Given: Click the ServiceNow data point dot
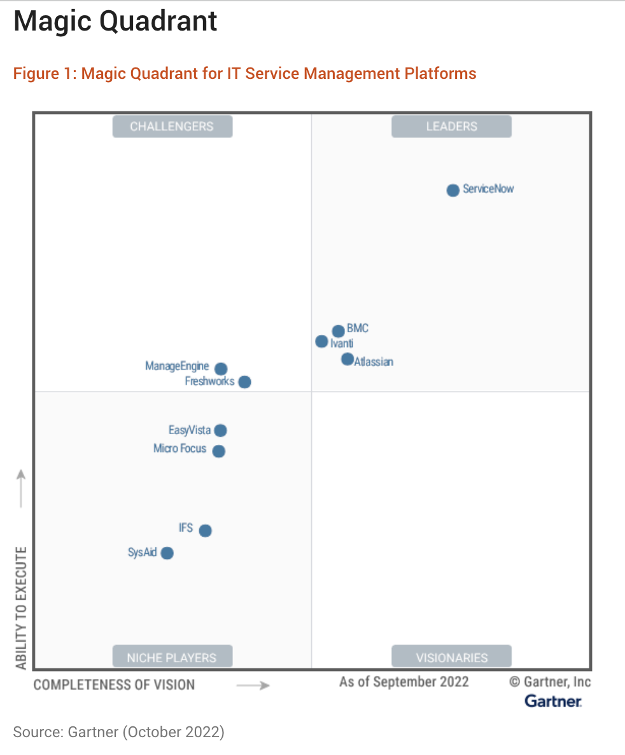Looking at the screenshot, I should click(x=453, y=190).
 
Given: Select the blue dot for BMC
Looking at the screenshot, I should click(x=338, y=331).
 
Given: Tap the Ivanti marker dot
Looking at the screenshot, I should click(x=322, y=342).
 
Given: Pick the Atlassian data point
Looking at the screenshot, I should click(x=347, y=360).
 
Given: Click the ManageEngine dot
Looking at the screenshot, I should click(x=221, y=369).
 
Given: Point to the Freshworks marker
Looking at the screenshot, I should click(x=244, y=382).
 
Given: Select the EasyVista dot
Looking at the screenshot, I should click(x=220, y=431).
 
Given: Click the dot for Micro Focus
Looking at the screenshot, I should click(x=218, y=451).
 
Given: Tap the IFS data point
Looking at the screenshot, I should click(x=205, y=530).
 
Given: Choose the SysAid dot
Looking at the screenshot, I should click(x=167, y=553).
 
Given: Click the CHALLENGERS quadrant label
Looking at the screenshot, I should click(x=172, y=127).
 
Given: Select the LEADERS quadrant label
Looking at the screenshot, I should click(x=451, y=127).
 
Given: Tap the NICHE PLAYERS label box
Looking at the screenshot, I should click(x=172, y=658).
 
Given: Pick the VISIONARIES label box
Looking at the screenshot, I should click(x=451, y=658).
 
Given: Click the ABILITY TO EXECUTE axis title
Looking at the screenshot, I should click(x=21, y=607).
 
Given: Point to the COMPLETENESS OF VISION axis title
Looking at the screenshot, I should click(x=114, y=685).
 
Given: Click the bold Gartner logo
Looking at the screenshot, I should click(x=552, y=701).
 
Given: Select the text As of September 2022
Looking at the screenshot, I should click(x=404, y=682).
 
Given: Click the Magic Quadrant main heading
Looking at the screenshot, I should click(x=115, y=22).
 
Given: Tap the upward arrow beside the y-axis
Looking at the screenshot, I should click(x=21, y=488).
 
